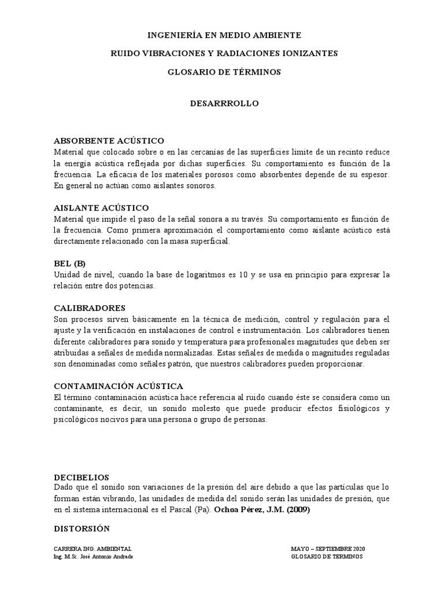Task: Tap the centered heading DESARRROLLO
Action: coord(224,103)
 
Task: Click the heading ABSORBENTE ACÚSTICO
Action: coord(109,140)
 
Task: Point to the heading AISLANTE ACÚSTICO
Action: coord(102,208)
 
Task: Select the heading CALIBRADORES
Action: coord(90,308)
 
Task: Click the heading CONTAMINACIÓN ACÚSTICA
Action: coord(119,385)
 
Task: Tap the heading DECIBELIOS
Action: coord(82,477)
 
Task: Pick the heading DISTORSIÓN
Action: coord(82,528)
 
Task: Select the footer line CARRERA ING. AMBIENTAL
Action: coord(92,549)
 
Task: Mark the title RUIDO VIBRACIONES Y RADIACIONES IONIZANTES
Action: coord(224,53)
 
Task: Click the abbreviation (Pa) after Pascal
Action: coord(202,509)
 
